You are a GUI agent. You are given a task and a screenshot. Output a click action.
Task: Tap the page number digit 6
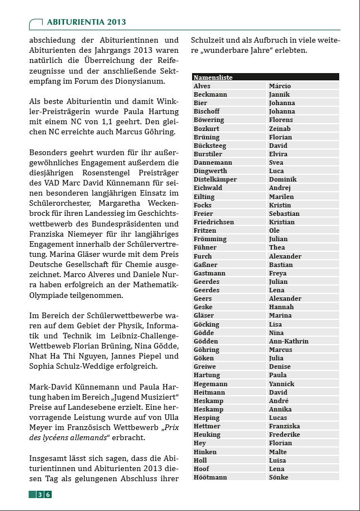coord(48,495)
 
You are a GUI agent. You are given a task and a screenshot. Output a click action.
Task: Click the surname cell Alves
coord(202,86)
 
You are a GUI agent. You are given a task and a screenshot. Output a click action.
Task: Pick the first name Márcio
coord(280,86)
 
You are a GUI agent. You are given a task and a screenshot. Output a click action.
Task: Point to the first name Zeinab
coord(280,129)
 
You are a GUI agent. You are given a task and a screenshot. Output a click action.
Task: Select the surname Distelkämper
coord(215,179)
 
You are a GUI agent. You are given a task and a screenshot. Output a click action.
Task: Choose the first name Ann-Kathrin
coord(289,341)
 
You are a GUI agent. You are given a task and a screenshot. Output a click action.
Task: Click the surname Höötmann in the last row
coord(210,477)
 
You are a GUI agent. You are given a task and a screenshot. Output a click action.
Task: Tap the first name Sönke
coord(279,477)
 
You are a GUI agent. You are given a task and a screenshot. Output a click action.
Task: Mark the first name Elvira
coord(278,154)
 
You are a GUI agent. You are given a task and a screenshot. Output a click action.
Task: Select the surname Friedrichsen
coord(214,222)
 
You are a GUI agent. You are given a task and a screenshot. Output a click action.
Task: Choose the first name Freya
coord(277,273)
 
